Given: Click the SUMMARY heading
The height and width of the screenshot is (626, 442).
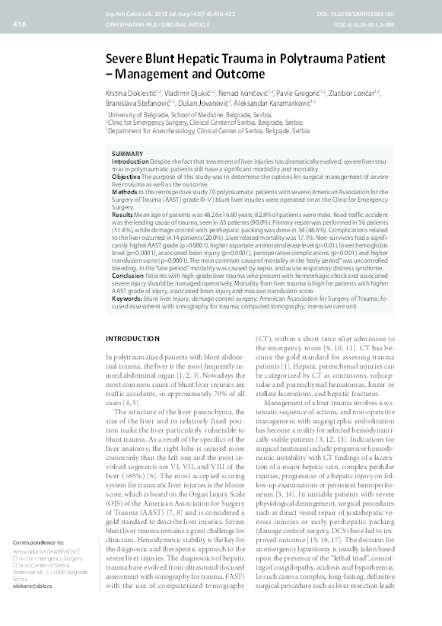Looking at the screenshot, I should coord(126,154).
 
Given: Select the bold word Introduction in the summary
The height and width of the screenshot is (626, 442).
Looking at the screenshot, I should coord(130,162).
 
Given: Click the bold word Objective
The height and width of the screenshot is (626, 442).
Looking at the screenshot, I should coord(126,176).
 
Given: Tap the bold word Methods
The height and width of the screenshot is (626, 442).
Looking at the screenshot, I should coord(125,193).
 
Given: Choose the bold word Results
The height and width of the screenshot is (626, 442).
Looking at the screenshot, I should coord(123,216).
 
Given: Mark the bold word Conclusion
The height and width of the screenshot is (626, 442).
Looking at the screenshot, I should coord(129,273).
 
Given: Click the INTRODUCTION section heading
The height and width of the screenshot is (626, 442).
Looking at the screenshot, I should coord(132,337).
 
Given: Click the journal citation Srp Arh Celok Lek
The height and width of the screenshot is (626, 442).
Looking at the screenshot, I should coord(127,15).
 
